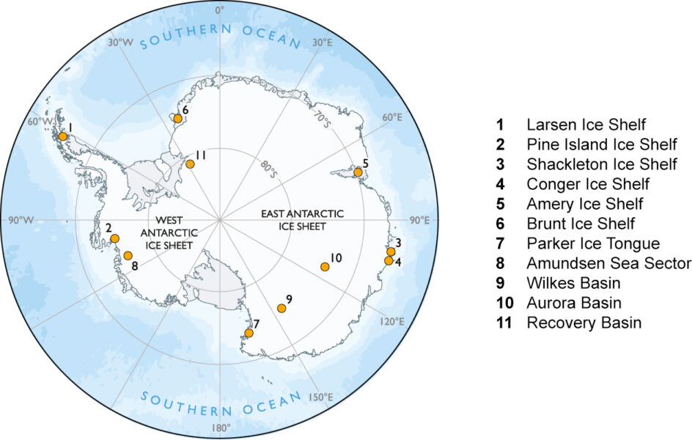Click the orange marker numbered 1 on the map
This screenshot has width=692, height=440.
coord(63,136)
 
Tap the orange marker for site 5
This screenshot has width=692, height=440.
coord(358,172)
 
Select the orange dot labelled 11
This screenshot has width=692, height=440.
coord(190,164)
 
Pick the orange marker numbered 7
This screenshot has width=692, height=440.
coord(249,333)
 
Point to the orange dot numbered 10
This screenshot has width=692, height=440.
coord(325,266)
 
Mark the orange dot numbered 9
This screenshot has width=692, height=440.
coord(281,308)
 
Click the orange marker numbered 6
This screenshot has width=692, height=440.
coord(177,118)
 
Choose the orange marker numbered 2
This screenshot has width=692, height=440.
coord(114,238)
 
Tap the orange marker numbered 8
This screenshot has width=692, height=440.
coord(128,255)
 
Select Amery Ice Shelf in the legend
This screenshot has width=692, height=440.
coord(584,203)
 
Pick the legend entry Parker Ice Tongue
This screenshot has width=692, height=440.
coord(593,243)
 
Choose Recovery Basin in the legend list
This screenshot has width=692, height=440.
coord(584,323)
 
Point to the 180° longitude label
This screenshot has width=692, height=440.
coord(221,428)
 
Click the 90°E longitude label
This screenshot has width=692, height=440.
coord(420,220)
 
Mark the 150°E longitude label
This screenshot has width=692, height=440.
coord(322,397)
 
